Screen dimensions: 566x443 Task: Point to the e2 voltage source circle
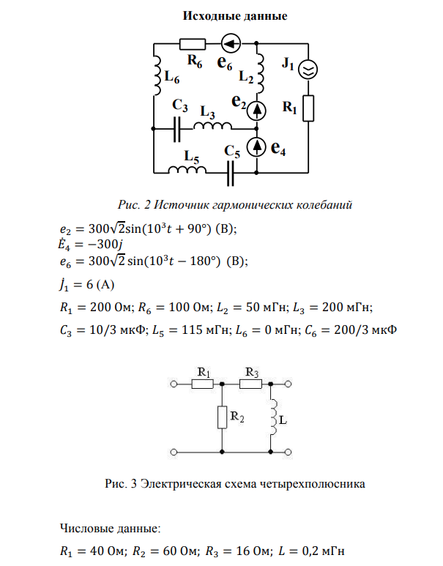tap(257, 111)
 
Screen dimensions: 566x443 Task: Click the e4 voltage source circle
tap(257, 147)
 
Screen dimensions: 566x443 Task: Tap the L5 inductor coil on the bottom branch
tap(188, 171)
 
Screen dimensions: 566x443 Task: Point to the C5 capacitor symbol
tap(231, 173)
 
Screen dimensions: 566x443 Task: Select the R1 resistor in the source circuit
tap(308, 108)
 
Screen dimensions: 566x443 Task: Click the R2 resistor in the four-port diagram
tap(220, 417)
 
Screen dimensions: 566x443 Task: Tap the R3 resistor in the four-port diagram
tap(250, 383)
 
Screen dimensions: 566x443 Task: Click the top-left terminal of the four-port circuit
tap(174, 383)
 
